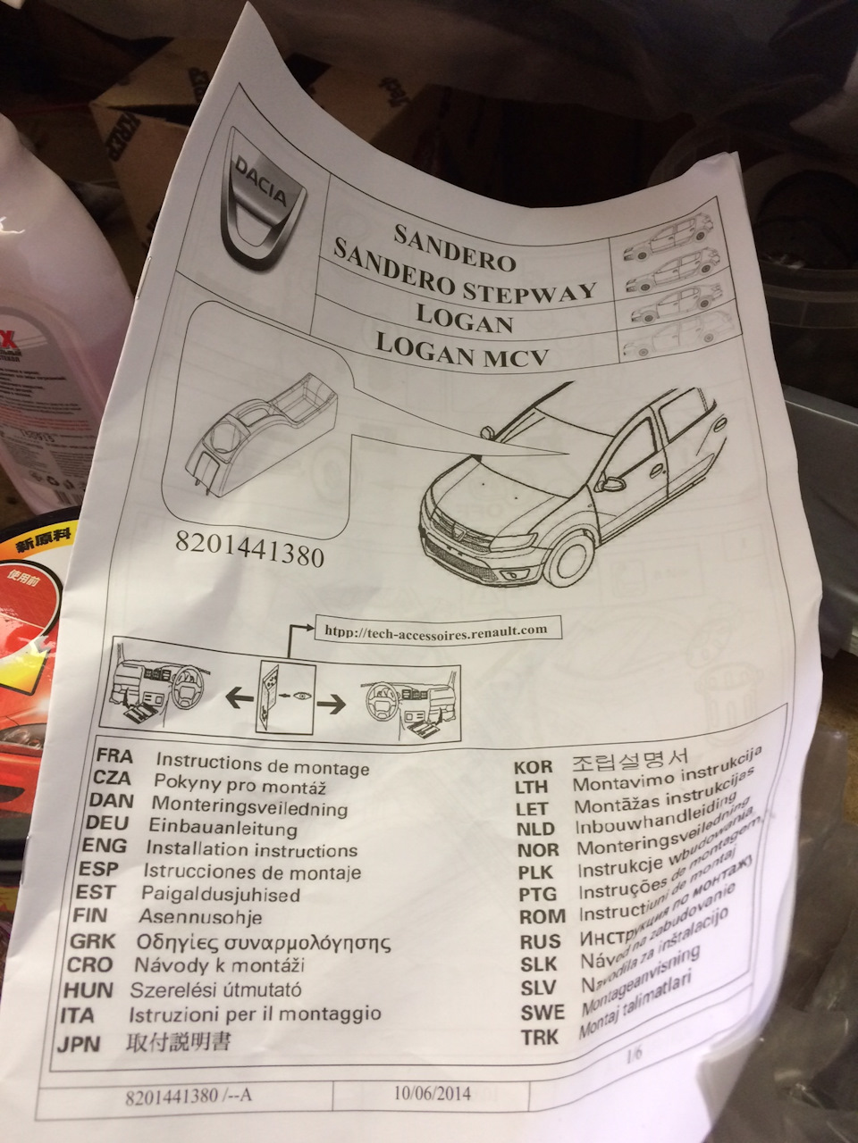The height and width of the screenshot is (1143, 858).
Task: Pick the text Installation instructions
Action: point(251,850)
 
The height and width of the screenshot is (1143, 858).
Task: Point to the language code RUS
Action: point(540,941)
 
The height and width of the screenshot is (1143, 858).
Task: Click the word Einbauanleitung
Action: point(223,828)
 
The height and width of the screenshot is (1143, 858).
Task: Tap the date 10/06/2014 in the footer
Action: point(431,1093)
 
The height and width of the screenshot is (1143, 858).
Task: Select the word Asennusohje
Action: point(199,917)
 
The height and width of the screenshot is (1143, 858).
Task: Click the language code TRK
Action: point(541,1038)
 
